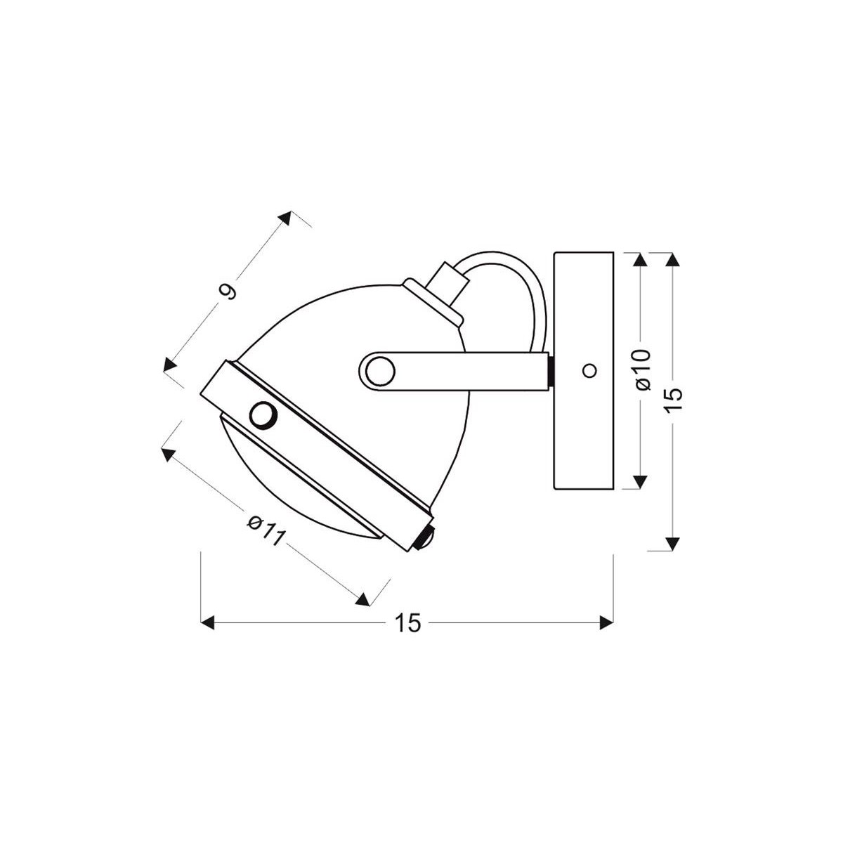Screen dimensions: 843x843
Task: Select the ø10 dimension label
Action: pos(643,369)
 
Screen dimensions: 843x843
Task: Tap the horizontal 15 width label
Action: pos(407,622)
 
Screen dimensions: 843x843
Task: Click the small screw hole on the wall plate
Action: pos(589,370)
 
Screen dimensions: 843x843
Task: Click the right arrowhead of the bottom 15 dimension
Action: pos(606,622)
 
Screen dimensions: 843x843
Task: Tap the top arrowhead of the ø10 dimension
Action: pos(639,259)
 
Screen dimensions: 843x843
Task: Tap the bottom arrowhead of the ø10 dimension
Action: pos(639,481)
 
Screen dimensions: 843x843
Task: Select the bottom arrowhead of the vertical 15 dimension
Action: pos(673,544)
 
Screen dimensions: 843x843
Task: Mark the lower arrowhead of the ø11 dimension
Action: pos(362,599)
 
